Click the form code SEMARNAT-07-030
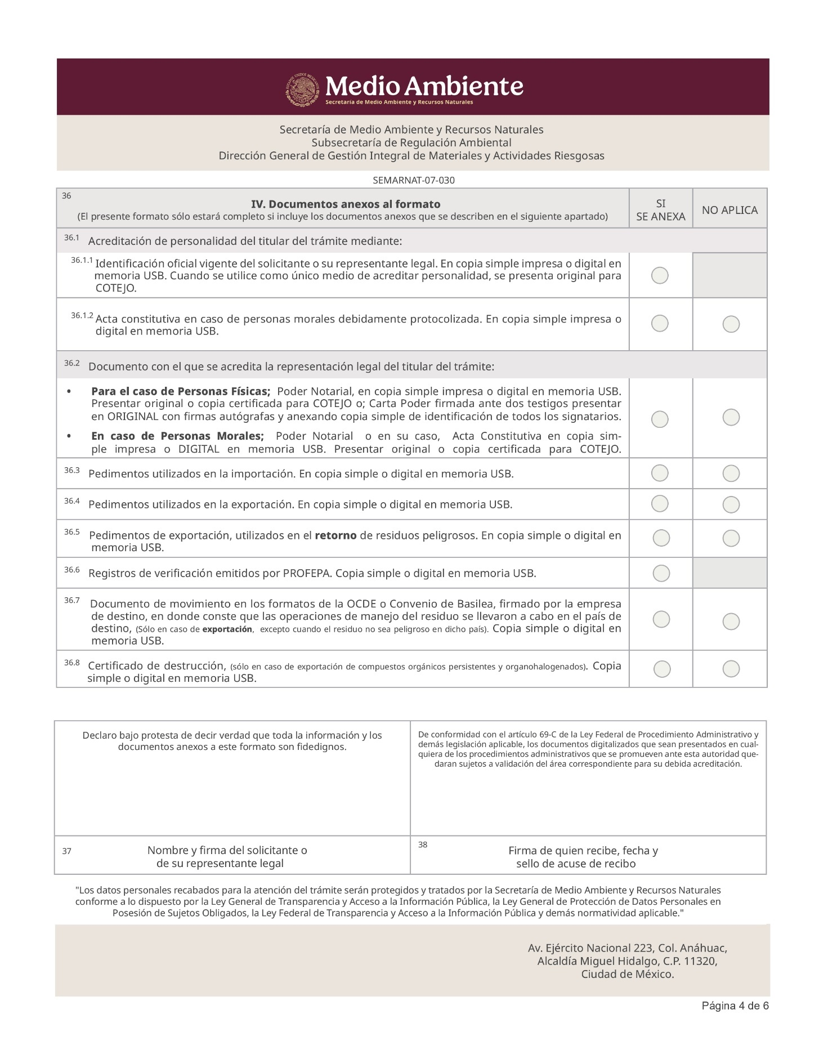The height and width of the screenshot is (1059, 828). click(x=414, y=181)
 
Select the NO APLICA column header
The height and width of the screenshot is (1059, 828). click(x=729, y=210)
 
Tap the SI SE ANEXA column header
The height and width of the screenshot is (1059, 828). click(x=661, y=210)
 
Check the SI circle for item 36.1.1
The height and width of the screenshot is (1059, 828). click(x=660, y=275)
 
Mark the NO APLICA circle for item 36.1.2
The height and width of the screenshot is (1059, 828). click(x=731, y=324)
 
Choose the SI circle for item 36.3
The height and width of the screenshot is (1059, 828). click(x=660, y=473)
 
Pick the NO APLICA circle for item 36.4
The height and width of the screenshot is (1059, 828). click(x=731, y=504)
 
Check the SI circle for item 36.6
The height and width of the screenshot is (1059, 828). click(x=661, y=573)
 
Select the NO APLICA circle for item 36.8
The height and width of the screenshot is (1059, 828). click(x=731, y=669)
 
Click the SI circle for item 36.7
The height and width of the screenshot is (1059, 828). click(x=661, y=619)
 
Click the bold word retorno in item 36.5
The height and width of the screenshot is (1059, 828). click(x=335, y=535)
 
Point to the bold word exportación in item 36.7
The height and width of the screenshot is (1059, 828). click(x=227, y=629)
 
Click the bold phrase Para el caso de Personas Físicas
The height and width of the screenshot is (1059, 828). click(x=181, y=391)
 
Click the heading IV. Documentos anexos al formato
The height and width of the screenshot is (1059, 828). click(x=346, y=204)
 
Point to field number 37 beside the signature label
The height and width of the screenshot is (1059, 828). click(x=66, y=851)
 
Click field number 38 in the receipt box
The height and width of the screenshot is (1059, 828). click(x=423, y=844)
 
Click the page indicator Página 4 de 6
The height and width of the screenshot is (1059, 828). click(x=735, y=1006)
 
